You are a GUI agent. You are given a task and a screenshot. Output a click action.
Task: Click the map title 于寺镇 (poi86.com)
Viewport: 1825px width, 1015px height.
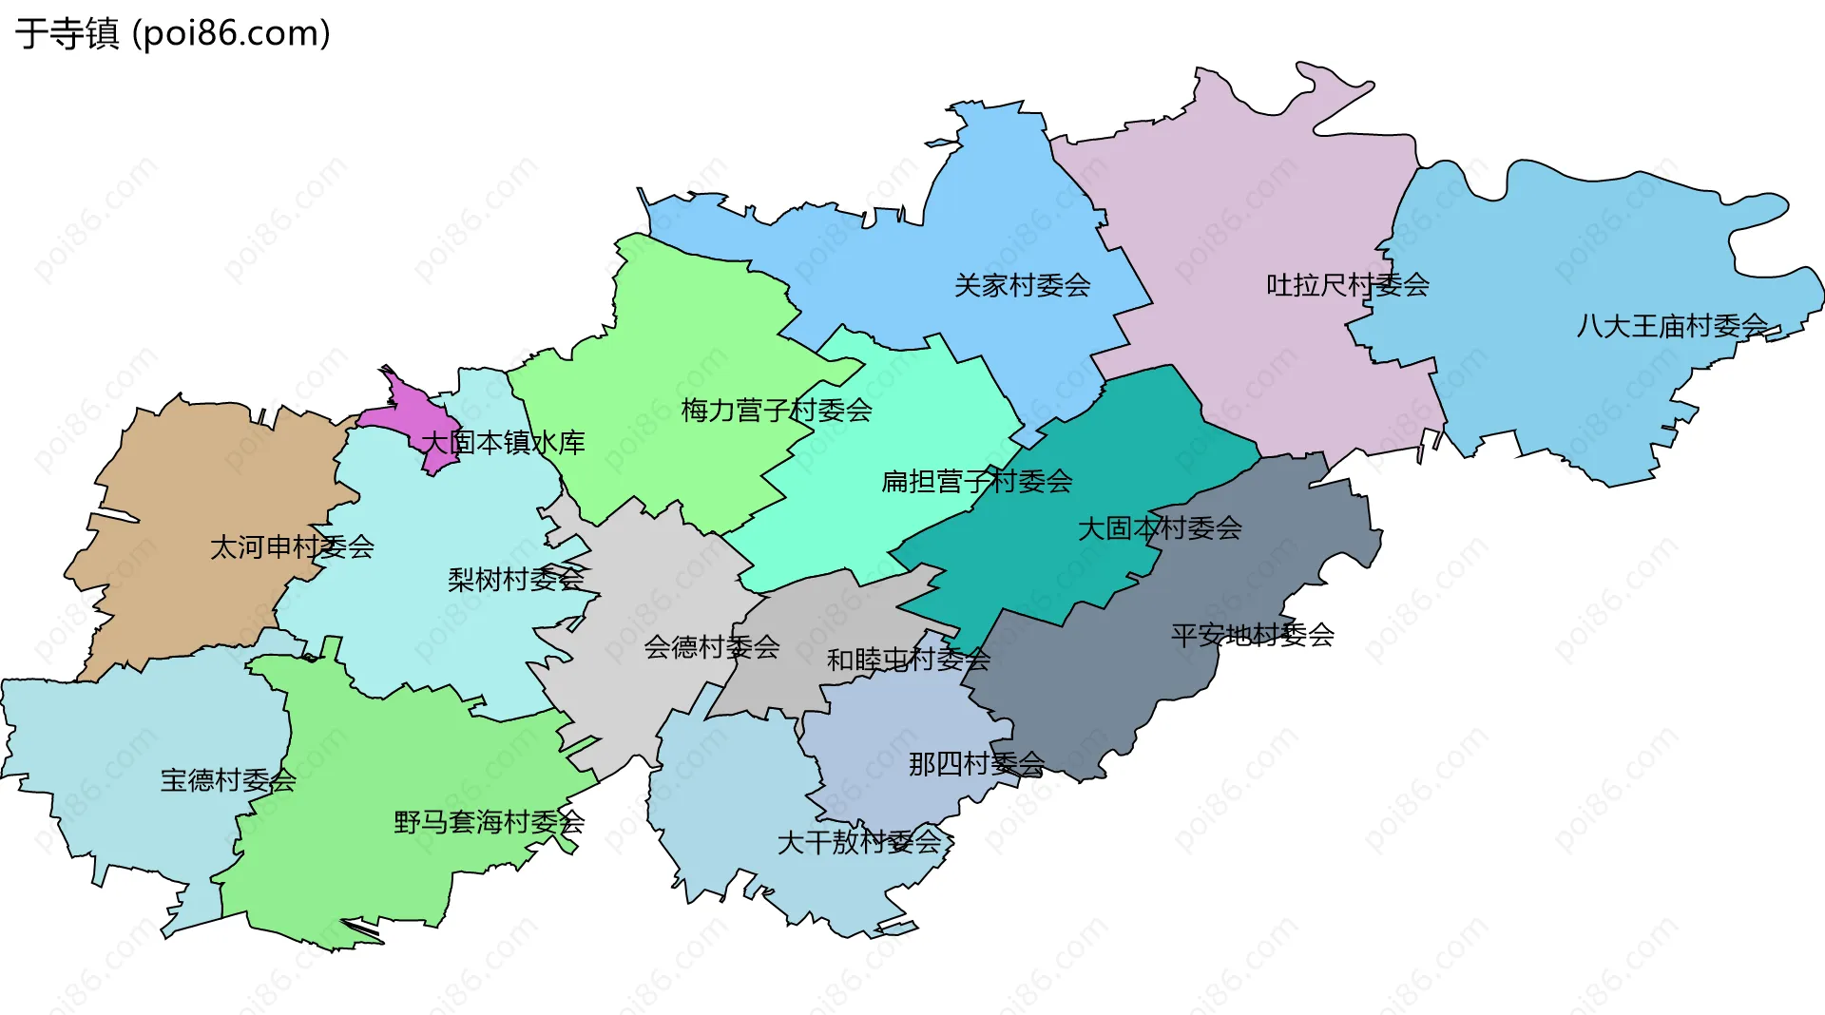pyautogui.click(x=173, y=33)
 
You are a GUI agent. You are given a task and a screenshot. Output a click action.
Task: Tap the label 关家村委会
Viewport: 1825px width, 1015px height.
pyautogui.click(x=1022, y=285)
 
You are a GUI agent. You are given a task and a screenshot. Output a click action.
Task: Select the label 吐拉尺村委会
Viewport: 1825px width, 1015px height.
pyautogui.click(x=1347, y=285)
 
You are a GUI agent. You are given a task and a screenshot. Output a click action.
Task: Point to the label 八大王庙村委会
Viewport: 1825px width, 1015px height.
pyautogui.click(x=1672, y=326)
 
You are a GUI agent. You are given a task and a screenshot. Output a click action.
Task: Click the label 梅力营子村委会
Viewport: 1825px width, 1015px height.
pyautogui.click(x=777, y=411)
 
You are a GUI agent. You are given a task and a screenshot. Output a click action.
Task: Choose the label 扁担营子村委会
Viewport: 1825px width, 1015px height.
pyautogui.click(x=976, y=482)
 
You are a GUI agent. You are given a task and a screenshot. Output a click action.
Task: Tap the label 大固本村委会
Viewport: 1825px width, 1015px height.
pyautogui.click(x=1159, y=528)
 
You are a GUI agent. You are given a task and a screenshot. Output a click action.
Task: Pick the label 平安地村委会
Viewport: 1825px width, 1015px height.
pyautogui.click(x=1252, y=635)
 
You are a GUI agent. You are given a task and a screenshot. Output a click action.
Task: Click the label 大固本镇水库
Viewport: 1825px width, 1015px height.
pyautogui.click(x=503, y=443)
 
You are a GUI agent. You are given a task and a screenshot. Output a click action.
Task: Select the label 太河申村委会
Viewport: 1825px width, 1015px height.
pyautogui.click(x=292, y=547)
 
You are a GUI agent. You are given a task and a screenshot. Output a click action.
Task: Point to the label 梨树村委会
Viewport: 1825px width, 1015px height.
pyautogui.click(x=515, y=579)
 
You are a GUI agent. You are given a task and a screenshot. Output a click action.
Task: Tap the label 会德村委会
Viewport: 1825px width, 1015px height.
pyautogui.click(x=712, y=647)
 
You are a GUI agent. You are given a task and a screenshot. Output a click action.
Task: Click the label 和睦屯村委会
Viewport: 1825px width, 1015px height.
pyautogui.click(x=908, y=660)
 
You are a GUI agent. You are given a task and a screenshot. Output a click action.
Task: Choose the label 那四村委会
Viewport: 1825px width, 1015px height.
pyautogui.click(x=976, y=764)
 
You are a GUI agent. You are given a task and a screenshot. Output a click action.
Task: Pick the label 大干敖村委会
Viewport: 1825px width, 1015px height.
pyautogui.click(x=858, y=842)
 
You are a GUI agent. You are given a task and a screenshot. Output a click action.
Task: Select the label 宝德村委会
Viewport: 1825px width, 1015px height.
pyautogui.click(x=228, y=780)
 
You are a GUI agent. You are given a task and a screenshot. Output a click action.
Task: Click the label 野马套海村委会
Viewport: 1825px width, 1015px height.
pyautogui.click(x=489, y=822)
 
